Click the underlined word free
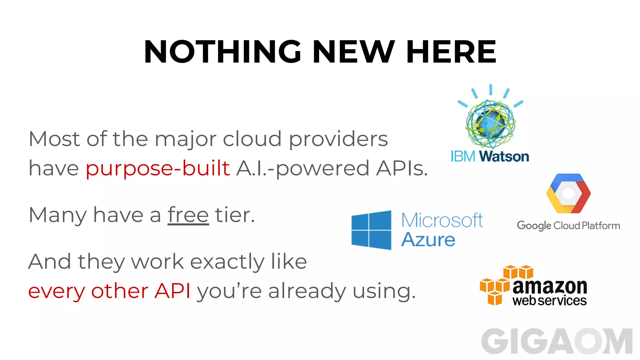pos(188,215)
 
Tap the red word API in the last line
pos(172,291)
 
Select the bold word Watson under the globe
pos(504,157)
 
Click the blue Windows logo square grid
pos(371,230)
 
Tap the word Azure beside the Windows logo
pos(428,240)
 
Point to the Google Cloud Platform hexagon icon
pos(568,193)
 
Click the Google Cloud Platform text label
pos(568,226)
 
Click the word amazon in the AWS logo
pos(550,286)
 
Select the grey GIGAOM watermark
pos(557,342)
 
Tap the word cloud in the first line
pos(252,139)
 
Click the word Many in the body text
pos(57,216)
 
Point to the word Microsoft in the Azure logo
pos(442,220)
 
